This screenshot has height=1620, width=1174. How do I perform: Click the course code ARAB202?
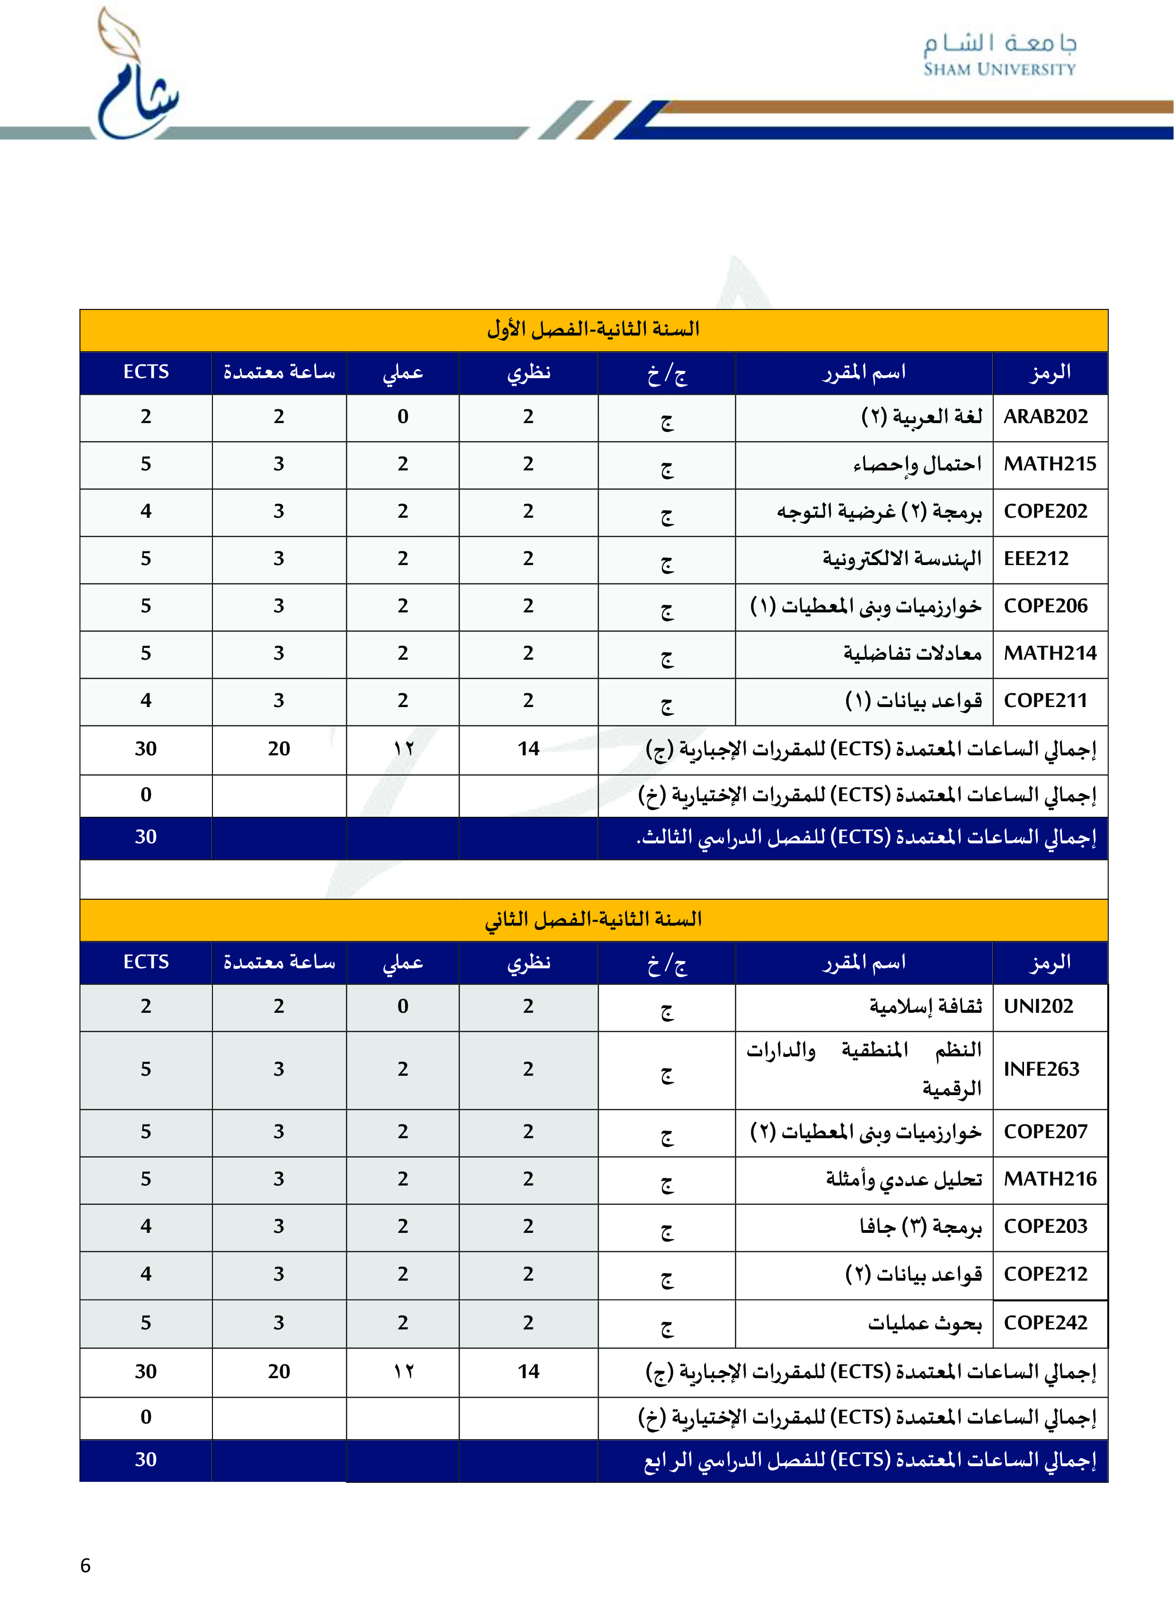point(1045,416)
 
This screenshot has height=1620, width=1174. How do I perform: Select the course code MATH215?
point(1049,464)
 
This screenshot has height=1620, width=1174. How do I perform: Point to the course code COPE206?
point(1045,606)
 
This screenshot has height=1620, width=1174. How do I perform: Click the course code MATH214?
point(1049,653)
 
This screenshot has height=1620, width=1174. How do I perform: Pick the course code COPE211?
point(1045,700)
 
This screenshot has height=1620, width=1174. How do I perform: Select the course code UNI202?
point(1038,1006)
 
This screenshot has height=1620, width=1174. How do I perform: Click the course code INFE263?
point(1041,1069)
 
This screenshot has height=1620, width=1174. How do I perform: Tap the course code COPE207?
point(1045,1132)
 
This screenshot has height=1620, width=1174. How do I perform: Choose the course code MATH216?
point(1049,1178)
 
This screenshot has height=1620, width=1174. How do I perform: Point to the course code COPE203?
point(1045,1226)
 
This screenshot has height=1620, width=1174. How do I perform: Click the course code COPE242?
point(1045,1322)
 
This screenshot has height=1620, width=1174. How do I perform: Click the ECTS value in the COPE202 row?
point(146,512)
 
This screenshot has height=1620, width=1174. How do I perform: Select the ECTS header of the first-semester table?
point(146,372)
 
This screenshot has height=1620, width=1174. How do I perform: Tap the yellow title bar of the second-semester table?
point(593,919)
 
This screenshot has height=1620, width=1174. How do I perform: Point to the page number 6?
point(85,1566)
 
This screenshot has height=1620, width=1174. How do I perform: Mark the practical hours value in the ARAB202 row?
point(403,416)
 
